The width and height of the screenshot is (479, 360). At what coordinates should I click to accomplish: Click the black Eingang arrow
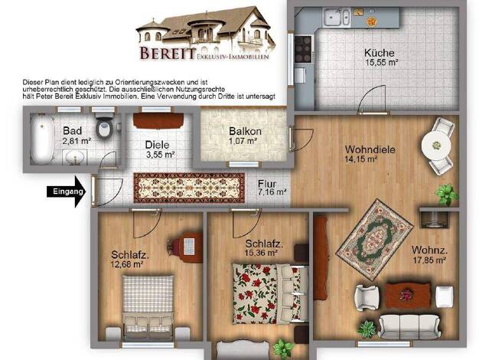(x=67, y=191)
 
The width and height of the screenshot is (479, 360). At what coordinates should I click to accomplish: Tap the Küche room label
(x=379, y=53)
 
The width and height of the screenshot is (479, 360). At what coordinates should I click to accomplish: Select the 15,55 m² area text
(x=382, y=63)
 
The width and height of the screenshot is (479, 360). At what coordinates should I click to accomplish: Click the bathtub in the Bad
(x=42, y=139)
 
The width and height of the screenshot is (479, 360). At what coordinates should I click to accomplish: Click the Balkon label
(x=245, y=131)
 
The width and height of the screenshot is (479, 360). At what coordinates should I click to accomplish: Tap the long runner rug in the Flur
(x=190, y=188)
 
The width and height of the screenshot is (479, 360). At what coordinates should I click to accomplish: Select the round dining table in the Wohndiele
(x=436, y=145)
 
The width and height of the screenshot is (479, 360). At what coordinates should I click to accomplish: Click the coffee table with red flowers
(x=408, y=295)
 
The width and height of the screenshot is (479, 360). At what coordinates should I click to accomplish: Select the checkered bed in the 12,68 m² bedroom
(x=148, y=307)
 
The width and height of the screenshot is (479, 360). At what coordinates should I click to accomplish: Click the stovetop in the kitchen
(x=303, y=49)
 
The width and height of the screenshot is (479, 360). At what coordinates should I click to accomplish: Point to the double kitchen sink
(x=337, y=17)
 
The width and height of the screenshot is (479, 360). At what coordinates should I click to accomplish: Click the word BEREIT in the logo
(x=168, y=53)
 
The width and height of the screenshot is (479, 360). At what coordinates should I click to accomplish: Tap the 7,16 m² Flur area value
(x=272, y=192)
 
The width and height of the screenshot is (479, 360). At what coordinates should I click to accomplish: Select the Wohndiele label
(x=370, y=149)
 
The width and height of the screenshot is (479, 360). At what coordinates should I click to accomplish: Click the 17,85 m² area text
(x=429, y=260)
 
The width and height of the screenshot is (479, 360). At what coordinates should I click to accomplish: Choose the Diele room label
(x=157, y=145)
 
